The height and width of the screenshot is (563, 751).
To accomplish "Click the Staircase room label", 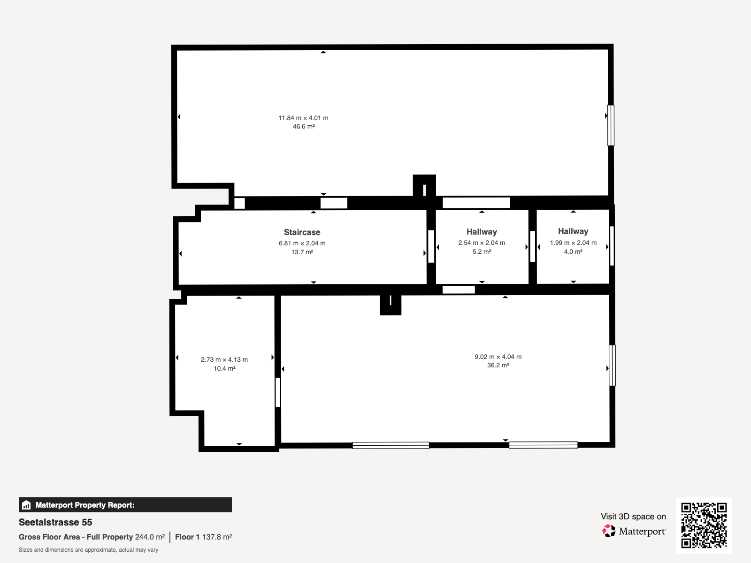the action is pyautogui.click(x=302, y=232).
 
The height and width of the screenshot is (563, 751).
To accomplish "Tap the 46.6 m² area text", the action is pyautogui.click(x=304, y=127).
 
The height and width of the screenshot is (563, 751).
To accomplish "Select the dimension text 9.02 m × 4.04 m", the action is pyautogui.click(x=498, y=357).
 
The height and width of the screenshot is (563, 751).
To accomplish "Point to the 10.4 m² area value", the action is pyautogui.click(x=224, y=368).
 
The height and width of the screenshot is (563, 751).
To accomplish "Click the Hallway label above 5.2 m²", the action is pyautogui.click(x=482, y=231).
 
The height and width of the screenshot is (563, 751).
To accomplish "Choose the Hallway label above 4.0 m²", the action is pyautogui.click(x=573, y=231).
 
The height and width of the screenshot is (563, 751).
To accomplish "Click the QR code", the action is pyautogui.click(x=704, y=525).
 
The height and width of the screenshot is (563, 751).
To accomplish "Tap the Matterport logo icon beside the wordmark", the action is pyautogui.click(x=609, y=531).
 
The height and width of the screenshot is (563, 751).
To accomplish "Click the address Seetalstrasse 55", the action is pyautogui.click(x=55, y=522).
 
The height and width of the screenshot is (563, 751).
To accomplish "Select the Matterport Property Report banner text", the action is pyautogui.click(x=85, y=505).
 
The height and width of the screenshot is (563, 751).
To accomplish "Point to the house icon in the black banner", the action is pyautogui.click(x=26, y=505).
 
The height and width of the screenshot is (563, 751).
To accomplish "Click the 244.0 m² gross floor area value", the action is pyautogui.click(x=150, y=537).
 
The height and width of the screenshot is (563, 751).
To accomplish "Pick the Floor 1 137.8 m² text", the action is pyautogui.click(x=203, y=537).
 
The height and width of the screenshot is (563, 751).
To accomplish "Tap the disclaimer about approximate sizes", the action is pyautogui.click(x=88, y=550).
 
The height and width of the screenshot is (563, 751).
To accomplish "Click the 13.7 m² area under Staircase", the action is pyautogui.click(x=302, y=252).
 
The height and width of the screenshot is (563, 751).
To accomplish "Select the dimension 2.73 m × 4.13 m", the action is pyautogui.click(x=224, y=359).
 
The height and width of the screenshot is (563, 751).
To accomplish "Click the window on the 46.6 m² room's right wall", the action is pyautogui.click(x=611, y=125).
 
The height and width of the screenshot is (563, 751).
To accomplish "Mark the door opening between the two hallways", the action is pyautogui.click(x=532, y=246).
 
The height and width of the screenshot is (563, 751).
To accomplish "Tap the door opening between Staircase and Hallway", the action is pyautogui.click(x=431, y=246).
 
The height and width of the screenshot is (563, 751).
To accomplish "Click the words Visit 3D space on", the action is pyautogui.click(x=633, y=516).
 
